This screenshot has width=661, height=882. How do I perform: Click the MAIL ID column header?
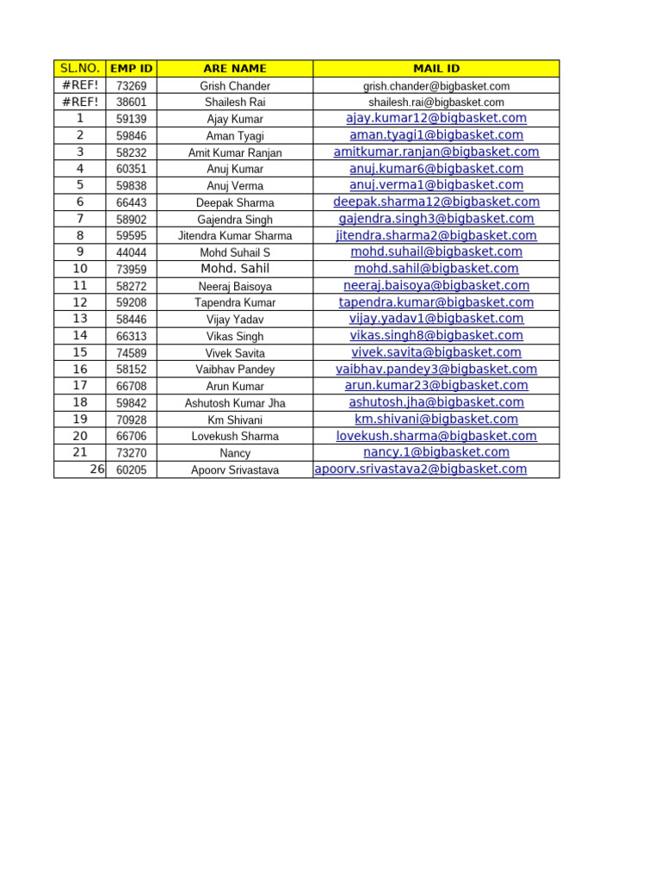click(x=436, y=68)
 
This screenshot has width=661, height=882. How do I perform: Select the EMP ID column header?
click(x=132, y=68)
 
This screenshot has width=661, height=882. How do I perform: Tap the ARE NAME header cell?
click(x=235, y=68)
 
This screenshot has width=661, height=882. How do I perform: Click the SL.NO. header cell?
click(x=80, y=68)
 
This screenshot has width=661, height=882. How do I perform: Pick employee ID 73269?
click(x=132, y=86)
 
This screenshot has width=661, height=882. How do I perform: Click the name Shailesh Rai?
click(x=235, y=102)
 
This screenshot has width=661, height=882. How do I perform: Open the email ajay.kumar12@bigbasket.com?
click(x=436, y=118)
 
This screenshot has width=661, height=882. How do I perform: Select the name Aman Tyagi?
click(x=235, y=136)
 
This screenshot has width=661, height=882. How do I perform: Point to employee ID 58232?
click(x=132, y=152)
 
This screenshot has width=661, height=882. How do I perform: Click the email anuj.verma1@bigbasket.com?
click(x=436, y=185)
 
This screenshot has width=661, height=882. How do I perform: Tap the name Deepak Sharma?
click(x=235, y=203)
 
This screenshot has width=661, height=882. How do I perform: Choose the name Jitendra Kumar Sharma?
click(x=235, y=236)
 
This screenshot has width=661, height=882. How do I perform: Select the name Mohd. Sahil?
click(x=235, y=269)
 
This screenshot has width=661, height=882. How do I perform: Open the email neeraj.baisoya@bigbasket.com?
click(x=436, y=285)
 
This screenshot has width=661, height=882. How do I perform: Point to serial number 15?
click(x=80, y=352)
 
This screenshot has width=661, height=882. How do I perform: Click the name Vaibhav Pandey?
click(x=235, y=370)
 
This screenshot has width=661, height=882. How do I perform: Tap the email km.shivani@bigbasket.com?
click(x=436, y=419)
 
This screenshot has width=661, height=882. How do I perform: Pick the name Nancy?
click(x=235, y=453)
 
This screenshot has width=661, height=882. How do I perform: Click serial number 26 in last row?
click(x=97, y=469)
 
